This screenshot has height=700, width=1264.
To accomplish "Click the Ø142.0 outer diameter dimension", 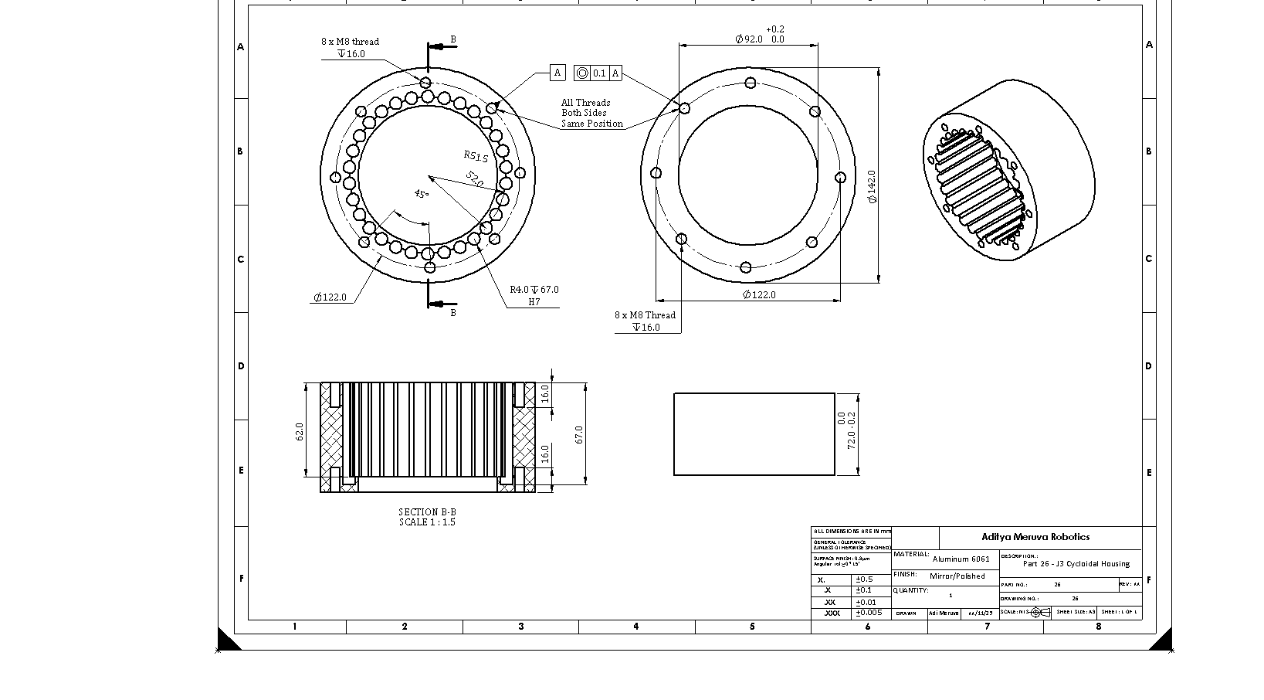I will [873, 187].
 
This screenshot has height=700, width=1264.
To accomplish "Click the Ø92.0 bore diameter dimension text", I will [749, 39].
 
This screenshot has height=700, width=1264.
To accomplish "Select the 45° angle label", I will [421, 194].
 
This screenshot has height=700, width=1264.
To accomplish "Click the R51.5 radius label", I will [476, 156].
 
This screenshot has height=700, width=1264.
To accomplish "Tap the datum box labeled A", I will [558, 73].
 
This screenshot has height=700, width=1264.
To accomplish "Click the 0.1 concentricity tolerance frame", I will [598, 73].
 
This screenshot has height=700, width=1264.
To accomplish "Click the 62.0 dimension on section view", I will [300, 431].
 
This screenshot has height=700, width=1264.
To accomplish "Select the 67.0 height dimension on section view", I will [579, 434].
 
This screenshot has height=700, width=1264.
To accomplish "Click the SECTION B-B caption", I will [427, 511].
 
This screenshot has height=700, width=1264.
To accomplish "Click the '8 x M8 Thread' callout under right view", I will [645, 315].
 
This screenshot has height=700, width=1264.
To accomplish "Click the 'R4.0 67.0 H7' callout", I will [534, 295].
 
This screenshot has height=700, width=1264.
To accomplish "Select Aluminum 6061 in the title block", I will [961, 559].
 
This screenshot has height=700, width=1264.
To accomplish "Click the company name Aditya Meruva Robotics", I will [1035, 537].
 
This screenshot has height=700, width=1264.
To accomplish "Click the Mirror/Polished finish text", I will [957, 576].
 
